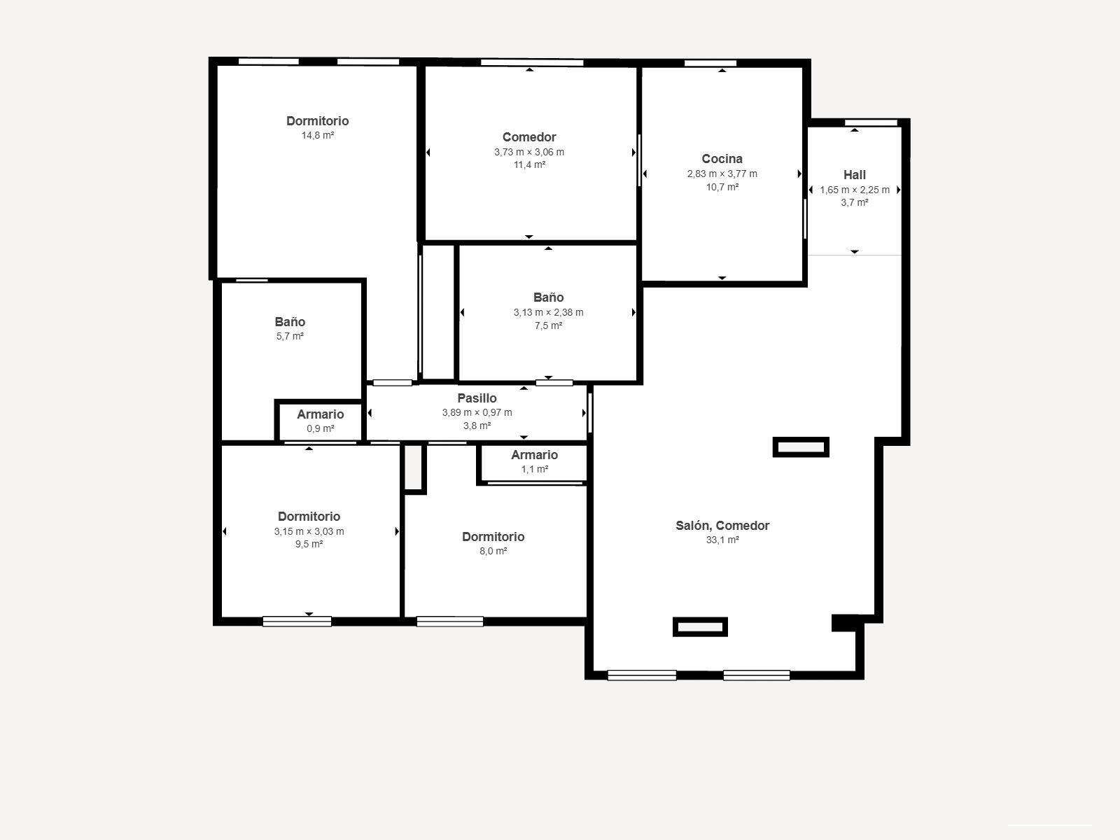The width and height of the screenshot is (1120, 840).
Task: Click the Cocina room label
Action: point(722,159)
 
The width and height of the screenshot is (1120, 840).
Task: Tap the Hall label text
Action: point(854,175)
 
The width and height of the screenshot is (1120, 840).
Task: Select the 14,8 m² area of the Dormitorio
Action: point(317,135)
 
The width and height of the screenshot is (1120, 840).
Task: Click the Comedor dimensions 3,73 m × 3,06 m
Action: point(528,152)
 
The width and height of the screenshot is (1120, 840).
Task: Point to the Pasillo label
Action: point(477,398)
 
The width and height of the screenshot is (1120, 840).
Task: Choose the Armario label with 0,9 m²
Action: point(320,414)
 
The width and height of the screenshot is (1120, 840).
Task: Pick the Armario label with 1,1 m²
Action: point(534,455)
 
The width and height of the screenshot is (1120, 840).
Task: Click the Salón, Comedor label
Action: point(722,526)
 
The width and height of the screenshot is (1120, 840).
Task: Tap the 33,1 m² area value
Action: point(722,540)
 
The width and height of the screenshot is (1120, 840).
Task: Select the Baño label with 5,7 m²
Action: point(289,322)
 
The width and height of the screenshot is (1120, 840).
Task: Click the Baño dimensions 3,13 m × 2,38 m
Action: point(548,312)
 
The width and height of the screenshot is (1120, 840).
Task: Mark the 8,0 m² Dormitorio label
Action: point(493,537)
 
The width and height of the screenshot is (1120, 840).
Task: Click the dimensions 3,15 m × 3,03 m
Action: point(309,531)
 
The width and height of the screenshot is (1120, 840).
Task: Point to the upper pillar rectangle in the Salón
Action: point(801,447)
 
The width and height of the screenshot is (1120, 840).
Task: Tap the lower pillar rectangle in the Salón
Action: point(700,626)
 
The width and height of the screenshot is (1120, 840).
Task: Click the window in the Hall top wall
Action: point(871,123)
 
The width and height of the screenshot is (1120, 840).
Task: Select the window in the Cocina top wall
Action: point(710,64)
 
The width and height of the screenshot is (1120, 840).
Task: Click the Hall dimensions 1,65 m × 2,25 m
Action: point(854,190)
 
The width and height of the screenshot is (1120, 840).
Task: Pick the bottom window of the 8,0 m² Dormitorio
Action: point(449,621)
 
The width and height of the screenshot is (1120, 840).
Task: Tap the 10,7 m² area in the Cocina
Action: point(722,187)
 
